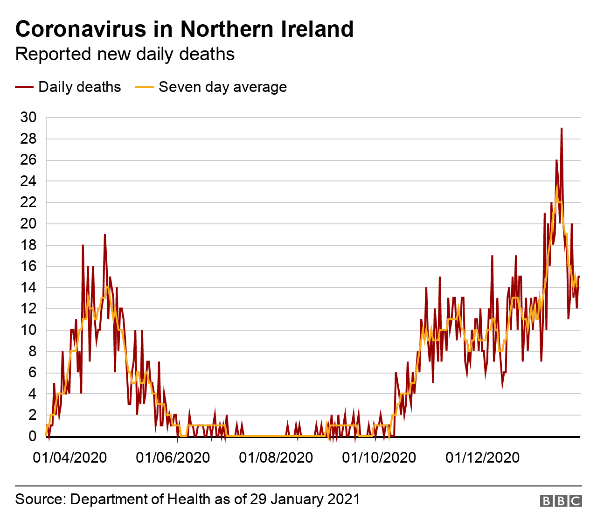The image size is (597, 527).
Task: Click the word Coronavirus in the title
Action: click(x=81, y=29)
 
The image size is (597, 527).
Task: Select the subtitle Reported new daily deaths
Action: click(x=125, y=54)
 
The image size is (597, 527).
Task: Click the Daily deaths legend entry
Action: click(x=79, y=87)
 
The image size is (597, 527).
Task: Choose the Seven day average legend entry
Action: click(x=222, y=87)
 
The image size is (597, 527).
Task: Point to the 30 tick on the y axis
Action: click(x=28, y=118)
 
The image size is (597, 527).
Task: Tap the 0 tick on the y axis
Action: click(x=33, y=437)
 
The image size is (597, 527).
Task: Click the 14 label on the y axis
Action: click(x=28, y=288)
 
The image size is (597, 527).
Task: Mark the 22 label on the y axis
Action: click(x=28, y=202)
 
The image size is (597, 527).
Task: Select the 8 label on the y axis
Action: click(x=33, y=352)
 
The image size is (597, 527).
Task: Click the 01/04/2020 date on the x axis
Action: click(x=70, y=458)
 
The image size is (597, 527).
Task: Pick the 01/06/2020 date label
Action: click(x=173, y=458)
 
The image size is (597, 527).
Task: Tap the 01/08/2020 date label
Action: click(x=276, y=458)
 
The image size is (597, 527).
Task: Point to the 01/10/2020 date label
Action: click(x=379, y=458)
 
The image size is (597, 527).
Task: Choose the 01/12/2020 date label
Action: click(x=483, y=458)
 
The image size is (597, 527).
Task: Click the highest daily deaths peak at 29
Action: click(x=562, y=128)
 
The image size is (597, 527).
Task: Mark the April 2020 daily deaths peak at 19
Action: click(x=105, y=235)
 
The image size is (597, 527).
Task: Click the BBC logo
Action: click(x=561, y=501)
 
